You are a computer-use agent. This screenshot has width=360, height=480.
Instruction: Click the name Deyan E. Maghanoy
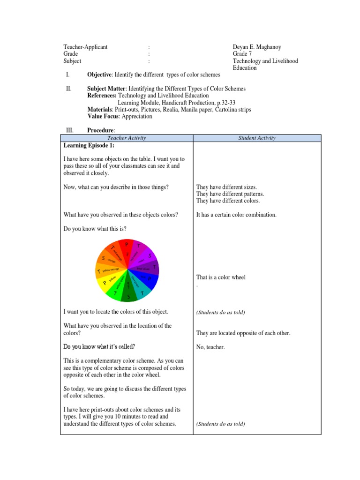click(260, 47)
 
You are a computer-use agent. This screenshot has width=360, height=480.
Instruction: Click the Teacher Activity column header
click(127, 138)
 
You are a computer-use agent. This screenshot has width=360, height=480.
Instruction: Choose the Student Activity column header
click(257, 138)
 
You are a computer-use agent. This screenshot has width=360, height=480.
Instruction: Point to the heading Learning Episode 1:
click(89, 146)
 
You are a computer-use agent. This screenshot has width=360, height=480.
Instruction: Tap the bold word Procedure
click(101, 130)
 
